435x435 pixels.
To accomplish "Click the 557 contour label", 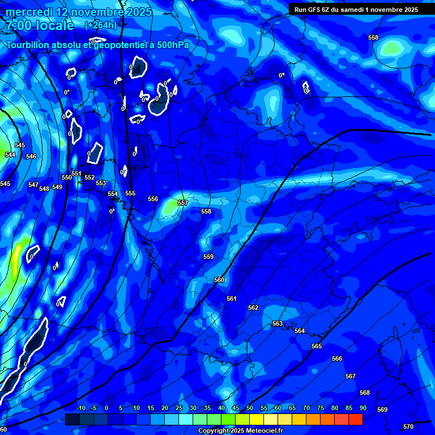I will (182, 203).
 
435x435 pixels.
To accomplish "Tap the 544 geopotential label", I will (10, 155).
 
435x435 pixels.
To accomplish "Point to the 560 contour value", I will (219, 280).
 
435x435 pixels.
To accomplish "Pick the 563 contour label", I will (278, 323).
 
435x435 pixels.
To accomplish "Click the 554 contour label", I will (113, 194).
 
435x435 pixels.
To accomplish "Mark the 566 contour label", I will (337, 359).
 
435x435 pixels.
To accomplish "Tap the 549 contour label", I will (57, 187).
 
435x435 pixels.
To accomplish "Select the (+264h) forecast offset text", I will (101, 25).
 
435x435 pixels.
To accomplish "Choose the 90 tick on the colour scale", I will (363, 408).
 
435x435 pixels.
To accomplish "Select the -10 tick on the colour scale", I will (80, 408).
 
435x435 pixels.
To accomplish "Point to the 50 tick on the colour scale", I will (250, 408).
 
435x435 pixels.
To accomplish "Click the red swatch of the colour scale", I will (355, 419).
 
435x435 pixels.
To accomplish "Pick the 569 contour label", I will (382, 410).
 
